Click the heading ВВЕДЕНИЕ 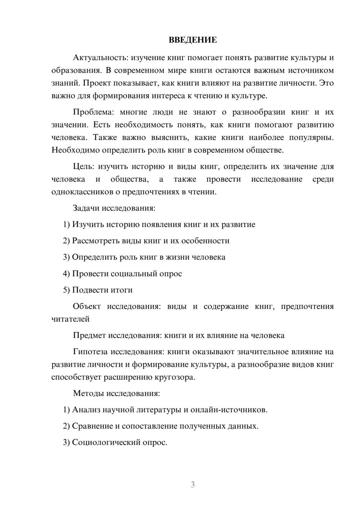[x=193, y=40]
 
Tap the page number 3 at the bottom [x=193, y=485]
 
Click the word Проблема [x=92, y=112]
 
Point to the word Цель [x=84, y=166]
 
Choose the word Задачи [x=86, y=208]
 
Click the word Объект [x=87, y=306]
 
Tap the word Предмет [x=90, y=335]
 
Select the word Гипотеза [x=90, y=352]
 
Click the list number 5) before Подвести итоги [x=66, y=290]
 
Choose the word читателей [x=70, y=319]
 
